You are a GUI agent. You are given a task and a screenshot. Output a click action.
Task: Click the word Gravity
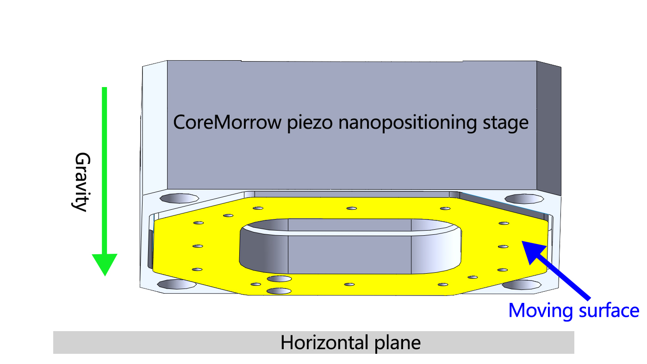(x=81, y=182)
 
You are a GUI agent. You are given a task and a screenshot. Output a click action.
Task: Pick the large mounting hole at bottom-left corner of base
(x=176, y=284)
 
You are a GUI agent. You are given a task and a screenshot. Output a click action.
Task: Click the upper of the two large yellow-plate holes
(x=279, y=279)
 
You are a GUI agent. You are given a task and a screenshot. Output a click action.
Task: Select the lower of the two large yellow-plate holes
(x=279, y=291)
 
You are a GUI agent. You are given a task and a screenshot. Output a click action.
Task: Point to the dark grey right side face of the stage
(x=549, y=130)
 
